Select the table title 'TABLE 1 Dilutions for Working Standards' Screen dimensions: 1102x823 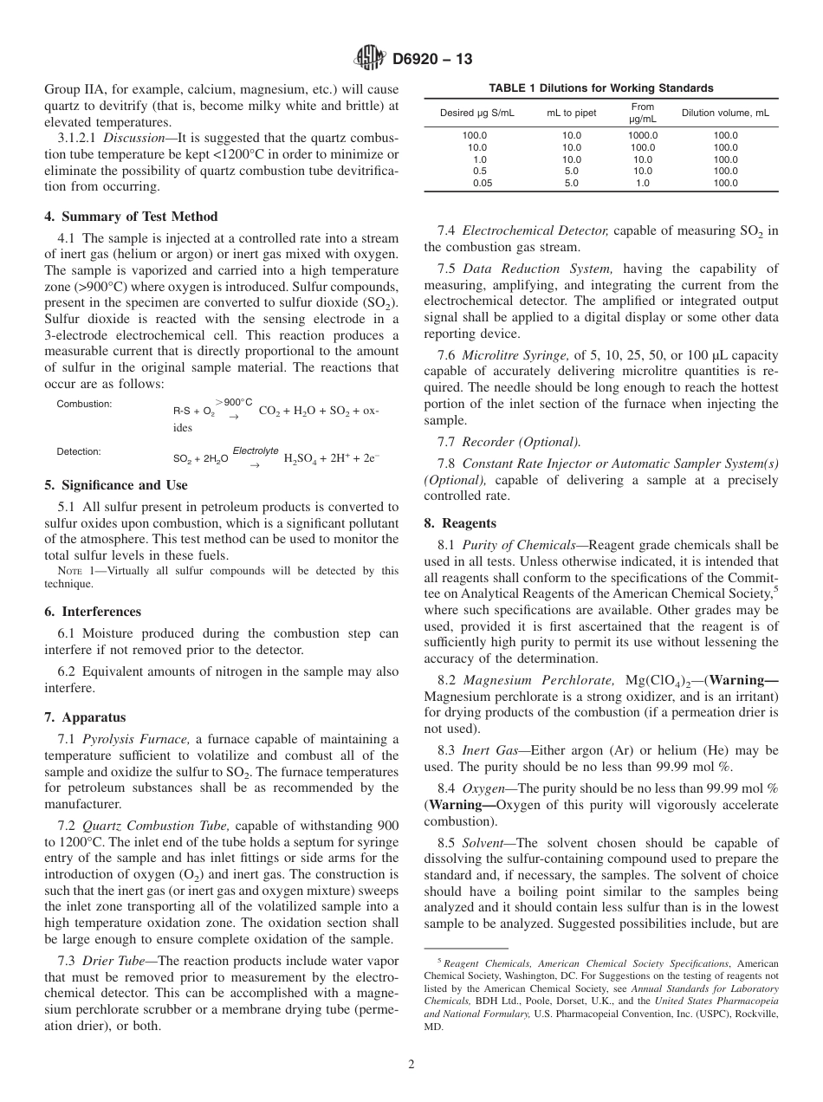coord(601,88)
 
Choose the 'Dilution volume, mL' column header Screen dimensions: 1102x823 coord(725,113)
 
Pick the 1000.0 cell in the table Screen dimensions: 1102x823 coord(642,136)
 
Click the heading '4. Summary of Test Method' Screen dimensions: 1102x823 coord(131,217)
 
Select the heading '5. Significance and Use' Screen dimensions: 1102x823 coord(115,485)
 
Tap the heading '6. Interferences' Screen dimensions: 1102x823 coord(93,612)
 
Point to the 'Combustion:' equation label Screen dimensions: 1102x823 coord(84,405)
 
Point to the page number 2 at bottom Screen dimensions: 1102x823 coord(411,1065)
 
